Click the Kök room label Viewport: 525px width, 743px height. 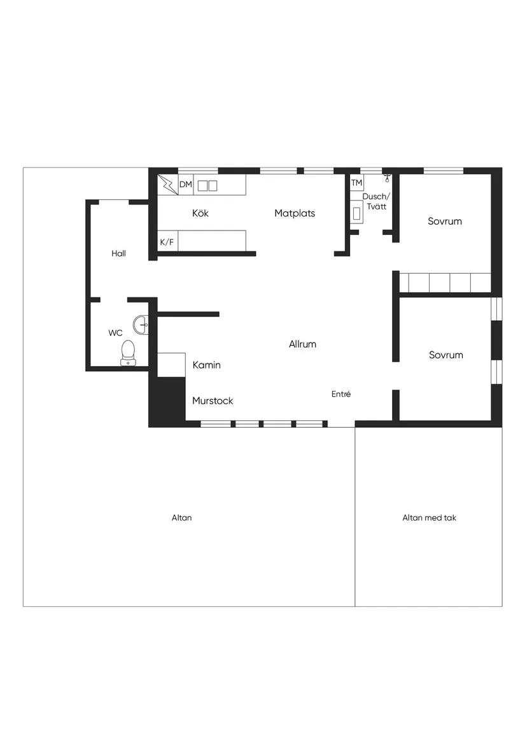pos(200,213)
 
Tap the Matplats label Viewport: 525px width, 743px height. pos(295,213)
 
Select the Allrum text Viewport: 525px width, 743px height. pos(302,344)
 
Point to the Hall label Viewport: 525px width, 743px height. pos(118,253)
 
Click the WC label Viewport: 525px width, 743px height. pos(115,332)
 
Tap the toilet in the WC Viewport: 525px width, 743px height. pos(129,352)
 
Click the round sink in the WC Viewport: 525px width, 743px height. pos(141,325)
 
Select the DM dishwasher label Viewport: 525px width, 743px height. pos(186,185)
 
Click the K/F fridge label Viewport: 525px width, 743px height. pos(167,242)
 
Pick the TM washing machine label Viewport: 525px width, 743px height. pos(356,183)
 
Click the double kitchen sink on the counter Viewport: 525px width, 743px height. pos(207,185)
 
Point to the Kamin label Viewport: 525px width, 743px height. pos(207,365)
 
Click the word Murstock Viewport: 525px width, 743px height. pos(213,400)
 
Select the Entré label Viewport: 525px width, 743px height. pos(341,394)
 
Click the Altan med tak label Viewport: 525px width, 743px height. pos(429,518)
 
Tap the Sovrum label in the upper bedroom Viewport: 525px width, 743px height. pos(445,222)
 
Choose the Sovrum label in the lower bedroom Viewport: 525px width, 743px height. pos(446,355)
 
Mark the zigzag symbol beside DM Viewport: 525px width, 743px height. pos(168,185)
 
